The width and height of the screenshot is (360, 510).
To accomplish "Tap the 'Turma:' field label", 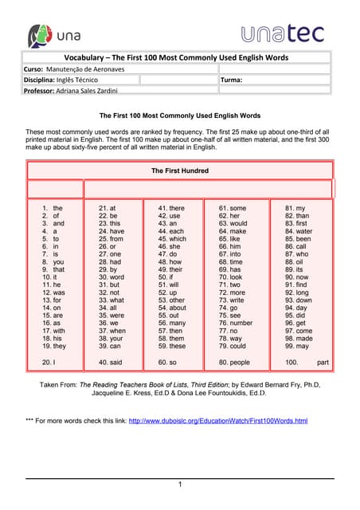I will pyautogui.click(x=233, y=80).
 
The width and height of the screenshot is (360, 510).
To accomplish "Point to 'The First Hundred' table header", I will pyautogui.click(x=180, y=171).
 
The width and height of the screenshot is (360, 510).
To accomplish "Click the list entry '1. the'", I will pyautogui.click(x=53, y=208).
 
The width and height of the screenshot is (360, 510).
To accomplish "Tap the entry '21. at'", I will pyautogui.click(x=107, y=208).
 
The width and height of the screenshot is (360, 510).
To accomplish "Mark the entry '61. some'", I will pyautogui.click(x=233, y=208).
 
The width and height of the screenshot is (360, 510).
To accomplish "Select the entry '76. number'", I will pyautogui.click(x=236, y=323).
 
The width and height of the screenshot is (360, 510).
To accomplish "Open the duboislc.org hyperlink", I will pyautogui.click(x=217, y=420).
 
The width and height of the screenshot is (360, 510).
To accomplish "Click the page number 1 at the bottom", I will pyautogui.click(x=180, y=484).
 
